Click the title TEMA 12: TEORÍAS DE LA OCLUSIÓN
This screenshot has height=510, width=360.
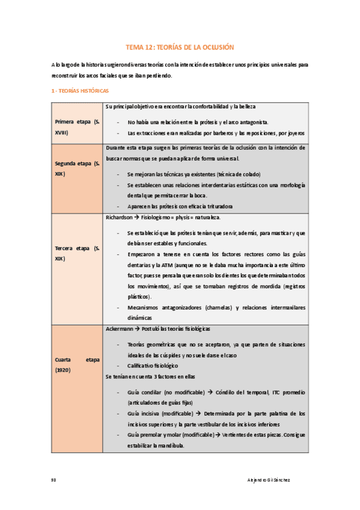179,46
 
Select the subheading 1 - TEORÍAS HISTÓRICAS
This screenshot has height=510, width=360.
80,91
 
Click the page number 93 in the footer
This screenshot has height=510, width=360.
54,480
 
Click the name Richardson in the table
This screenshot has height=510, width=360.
119,217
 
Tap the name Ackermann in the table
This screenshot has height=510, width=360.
120,330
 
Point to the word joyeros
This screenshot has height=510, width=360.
295,132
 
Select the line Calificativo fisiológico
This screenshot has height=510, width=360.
153,366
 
